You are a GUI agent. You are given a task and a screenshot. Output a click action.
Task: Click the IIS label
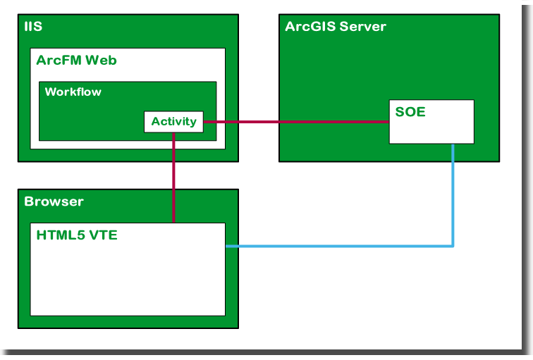(x=33, y=27)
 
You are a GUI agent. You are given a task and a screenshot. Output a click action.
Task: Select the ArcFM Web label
(x=76, y=61)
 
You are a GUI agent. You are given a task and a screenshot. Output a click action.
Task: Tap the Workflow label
(x=73, y=92)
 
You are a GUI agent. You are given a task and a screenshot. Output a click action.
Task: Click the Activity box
(x=173, y=122)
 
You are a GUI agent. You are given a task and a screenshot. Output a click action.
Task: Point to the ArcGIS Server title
(x=335, y=27)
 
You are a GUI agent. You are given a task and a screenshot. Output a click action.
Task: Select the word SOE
(x=410, y=112)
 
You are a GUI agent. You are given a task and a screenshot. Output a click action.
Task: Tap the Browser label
(x=54, y=201)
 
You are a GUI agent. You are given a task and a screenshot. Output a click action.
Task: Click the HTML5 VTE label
(x=76, y=235)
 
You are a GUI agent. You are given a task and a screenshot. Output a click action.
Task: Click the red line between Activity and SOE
(x=296, y=122)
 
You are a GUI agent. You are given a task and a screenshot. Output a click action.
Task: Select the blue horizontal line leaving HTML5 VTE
(x=338, y=246)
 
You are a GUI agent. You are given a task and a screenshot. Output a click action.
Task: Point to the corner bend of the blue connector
(x=453, y=246)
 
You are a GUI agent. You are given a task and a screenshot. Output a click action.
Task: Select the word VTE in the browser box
(x=103, y=235)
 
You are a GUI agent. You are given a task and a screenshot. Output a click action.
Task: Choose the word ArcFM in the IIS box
(x=59, y=61)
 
